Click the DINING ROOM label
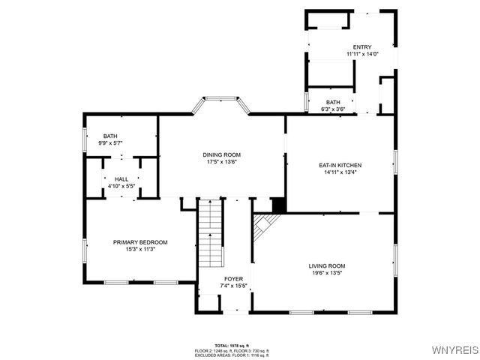coord(221,154)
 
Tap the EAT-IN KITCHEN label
coord(340,164)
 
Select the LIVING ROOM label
coord(327,265)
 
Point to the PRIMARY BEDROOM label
coord(140,242)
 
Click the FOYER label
coord(224,279)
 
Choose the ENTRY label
coord(362,47)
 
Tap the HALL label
coord(121,178)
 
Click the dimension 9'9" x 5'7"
coord(112,142)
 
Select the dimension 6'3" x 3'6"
coord(334,109)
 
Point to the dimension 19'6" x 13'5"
coord(327,273)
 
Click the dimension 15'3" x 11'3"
coord(140,250)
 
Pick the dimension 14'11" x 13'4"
coord(340,172)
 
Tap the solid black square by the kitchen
coord(277,205)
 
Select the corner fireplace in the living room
coord(263,226)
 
